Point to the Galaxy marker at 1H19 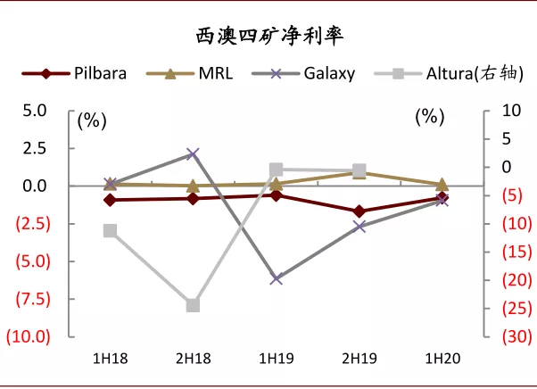277,278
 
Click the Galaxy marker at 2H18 193,154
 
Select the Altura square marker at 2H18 193,305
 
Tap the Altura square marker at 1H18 110,230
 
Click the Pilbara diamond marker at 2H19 359,211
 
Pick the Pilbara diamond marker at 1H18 110,200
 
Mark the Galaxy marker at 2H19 359,227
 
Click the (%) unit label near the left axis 92,120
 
